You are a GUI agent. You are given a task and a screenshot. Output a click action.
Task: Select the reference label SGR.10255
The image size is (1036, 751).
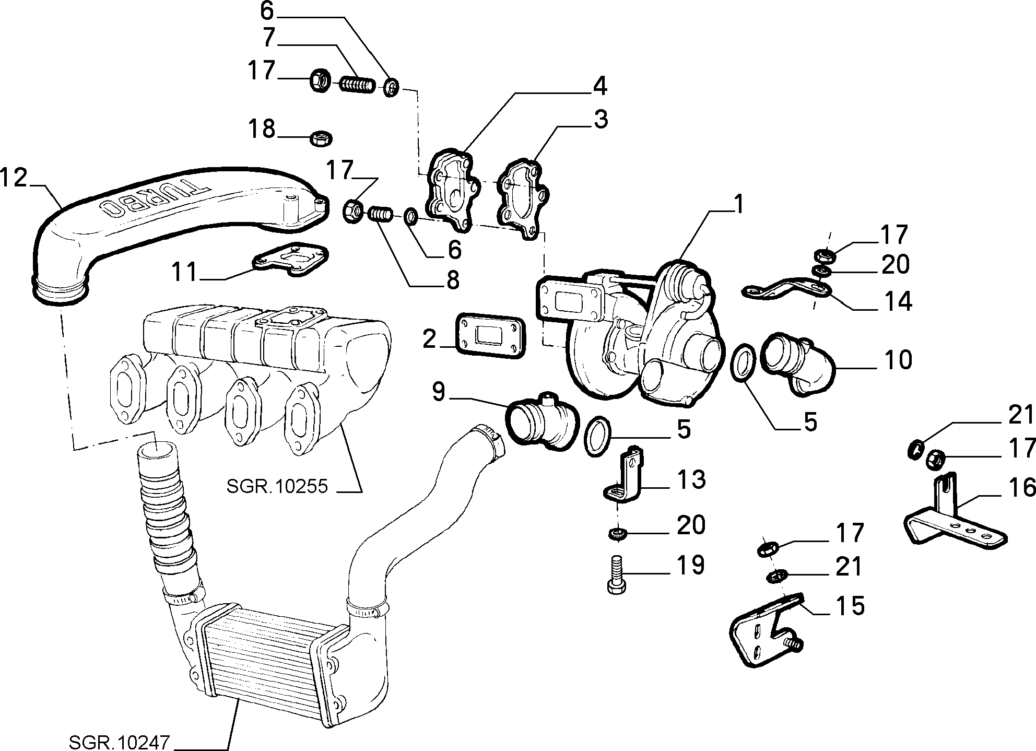(277, 487)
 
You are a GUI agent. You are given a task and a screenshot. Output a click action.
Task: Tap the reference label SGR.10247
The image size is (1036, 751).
(120, 742)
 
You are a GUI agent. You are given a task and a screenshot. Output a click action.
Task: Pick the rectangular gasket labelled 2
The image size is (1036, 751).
(490, 337)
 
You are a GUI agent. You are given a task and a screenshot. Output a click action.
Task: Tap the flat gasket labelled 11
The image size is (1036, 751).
(291, 259)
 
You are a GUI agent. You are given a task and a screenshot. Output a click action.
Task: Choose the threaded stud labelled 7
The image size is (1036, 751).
(358, 84)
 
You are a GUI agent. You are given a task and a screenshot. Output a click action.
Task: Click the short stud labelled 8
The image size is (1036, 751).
(381, 215)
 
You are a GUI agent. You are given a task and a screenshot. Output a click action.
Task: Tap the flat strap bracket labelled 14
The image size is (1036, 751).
(786, 290)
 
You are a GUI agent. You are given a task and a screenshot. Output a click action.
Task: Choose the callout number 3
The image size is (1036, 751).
(601, 120)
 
